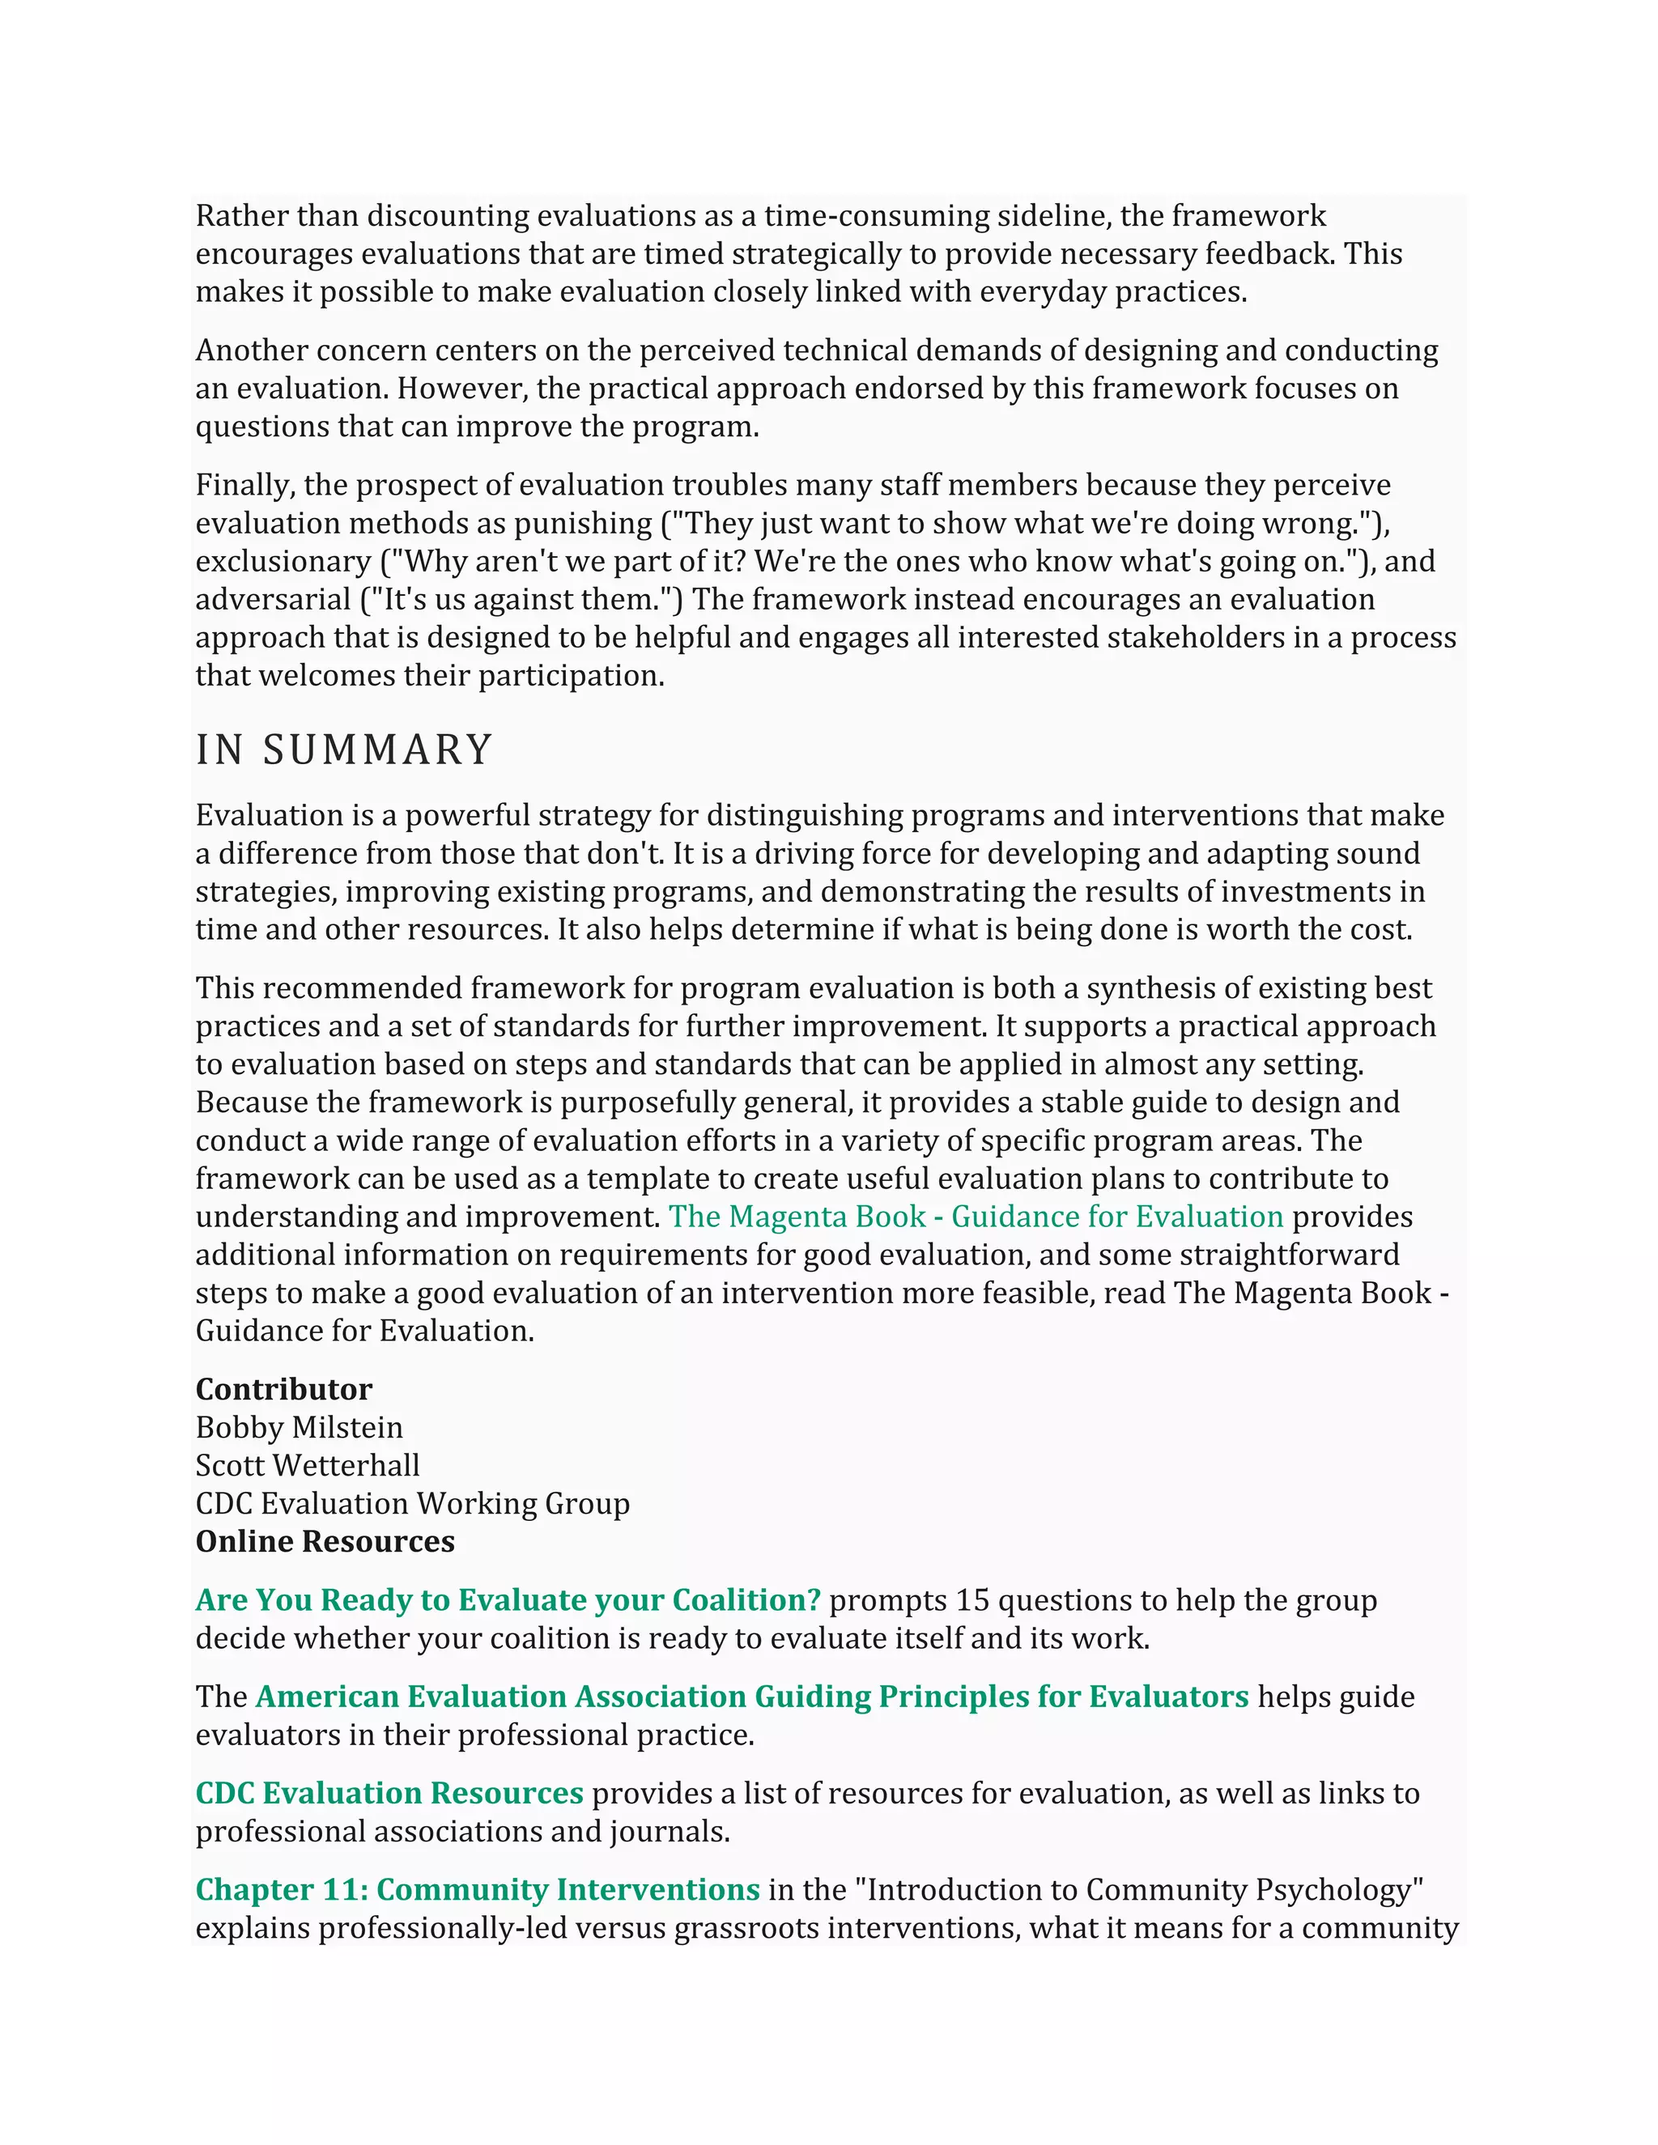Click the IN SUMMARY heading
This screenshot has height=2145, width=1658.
(x=344, y=750)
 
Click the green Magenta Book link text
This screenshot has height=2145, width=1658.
(x=976, y=1217)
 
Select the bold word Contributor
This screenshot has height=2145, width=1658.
(x=284, y=1390)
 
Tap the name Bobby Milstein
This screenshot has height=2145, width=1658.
(x=299, y=1427)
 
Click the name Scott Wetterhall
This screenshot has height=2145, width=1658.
(x=308, y=1465)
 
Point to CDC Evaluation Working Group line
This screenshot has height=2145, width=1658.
(x=413, y=1504)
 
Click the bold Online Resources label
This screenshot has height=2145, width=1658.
(x=325, y=1542)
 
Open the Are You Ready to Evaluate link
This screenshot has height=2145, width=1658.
(x=508, y=1600)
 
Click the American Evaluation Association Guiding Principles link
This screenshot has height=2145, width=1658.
(x=751, y=1696)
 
